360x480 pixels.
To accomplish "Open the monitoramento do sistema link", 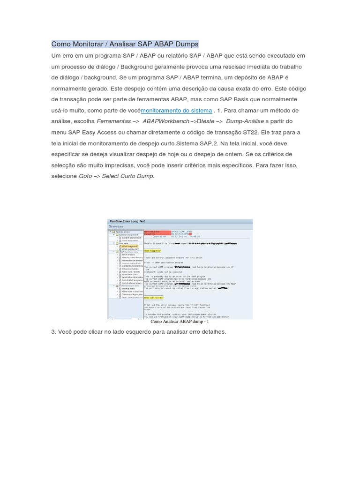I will [x=176, y=111].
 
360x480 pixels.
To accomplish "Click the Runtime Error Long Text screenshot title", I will [x=127, y=221].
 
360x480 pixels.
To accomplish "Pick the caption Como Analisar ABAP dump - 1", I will [x=180, y=322].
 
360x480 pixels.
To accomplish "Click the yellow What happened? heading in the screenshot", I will [x=152, y=251].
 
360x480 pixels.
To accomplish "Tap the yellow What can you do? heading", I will [x=154, y=298].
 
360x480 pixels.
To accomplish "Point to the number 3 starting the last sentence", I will [x=53, y=332].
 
